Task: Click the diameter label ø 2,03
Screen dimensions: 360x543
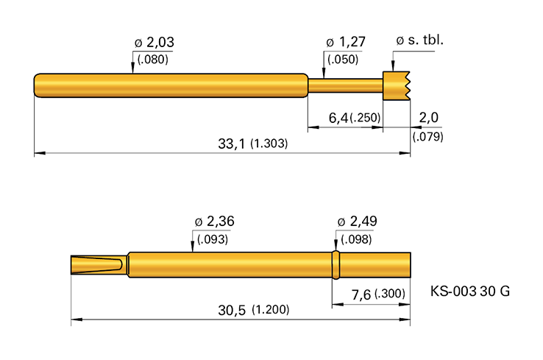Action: pyautogui.click(x=154, y=43)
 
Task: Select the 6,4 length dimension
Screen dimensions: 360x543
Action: pyautogui.click(x=336, y=118)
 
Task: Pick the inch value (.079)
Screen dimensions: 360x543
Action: pyautogui.click(x=427, y=136)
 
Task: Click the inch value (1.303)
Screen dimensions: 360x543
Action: pyautogui.click(x=269, y=144)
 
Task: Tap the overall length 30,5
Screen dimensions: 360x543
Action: pyautogui.click(x=232, y=310)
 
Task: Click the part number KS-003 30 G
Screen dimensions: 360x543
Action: pyautogui.click(x=469, y=291)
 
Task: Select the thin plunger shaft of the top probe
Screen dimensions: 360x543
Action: pyautogui.click(x=345, y=85)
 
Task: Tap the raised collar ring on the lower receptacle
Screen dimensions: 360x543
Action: pyautogui.click(x=336, y=265)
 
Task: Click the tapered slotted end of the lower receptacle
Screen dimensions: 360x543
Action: pyautogui.click(x=99, y=265)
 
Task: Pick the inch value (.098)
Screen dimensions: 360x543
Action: pyautogui.click(x=354, y=239)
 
